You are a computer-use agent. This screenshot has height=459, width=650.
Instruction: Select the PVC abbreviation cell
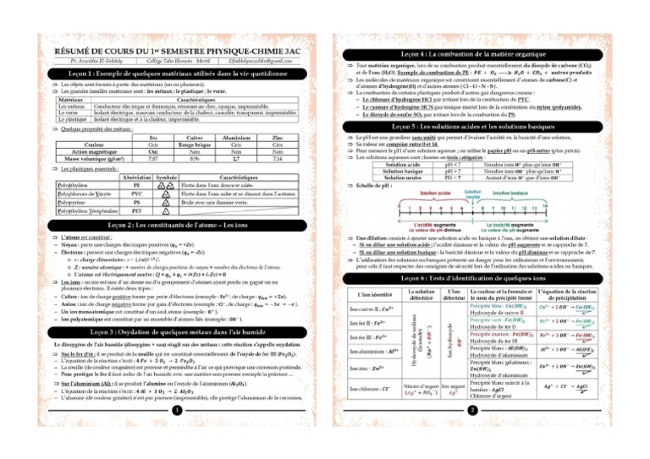click(x=135, y=194)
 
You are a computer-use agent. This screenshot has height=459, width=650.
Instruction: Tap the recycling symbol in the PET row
click(x=162, y=217)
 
